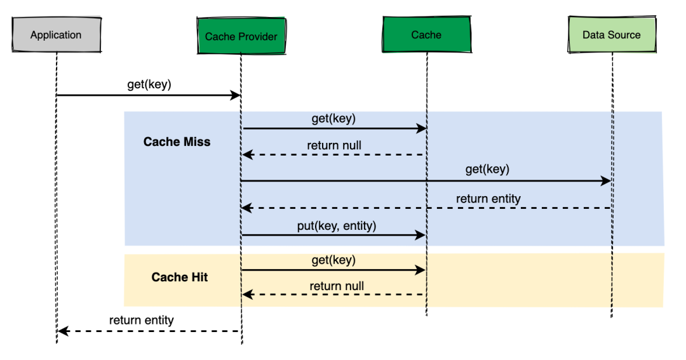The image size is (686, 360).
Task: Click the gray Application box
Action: coord(56,35)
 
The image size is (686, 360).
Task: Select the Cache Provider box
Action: coord(241,36)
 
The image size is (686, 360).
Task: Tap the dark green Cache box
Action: coord(426,35)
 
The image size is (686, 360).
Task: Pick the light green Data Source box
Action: coord(611,35)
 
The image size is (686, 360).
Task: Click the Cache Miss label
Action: coord(177,142)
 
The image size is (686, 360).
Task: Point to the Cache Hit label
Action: coord(180,277)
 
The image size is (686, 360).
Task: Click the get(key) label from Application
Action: coord(149,84)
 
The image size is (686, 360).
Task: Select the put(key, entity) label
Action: coord(337,225)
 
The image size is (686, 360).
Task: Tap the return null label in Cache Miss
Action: coord(334,145)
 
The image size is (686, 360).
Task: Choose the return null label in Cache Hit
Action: coord(337,286)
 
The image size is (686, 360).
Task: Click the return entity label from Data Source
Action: coord(488,199)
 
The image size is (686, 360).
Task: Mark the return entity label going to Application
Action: coord(141,320)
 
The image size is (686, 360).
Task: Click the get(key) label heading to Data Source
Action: coord(487,170)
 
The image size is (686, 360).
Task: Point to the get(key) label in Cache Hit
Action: coord(333,260)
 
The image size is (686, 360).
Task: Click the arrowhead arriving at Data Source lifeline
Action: coord(606,181)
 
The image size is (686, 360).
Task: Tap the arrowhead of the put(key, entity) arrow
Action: coord(420,235)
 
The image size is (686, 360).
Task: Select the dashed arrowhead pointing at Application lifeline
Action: coord(62,331)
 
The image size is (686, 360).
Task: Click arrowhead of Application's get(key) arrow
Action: coord(235,95)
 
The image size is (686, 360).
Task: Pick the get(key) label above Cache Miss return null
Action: coord(333,119)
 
